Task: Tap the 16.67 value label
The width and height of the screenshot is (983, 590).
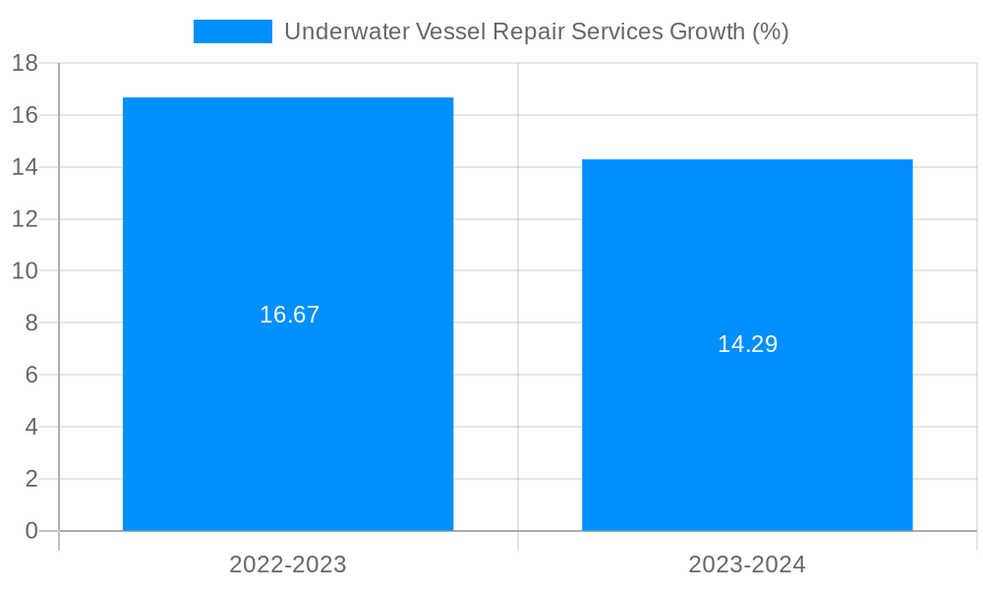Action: coord(290,315)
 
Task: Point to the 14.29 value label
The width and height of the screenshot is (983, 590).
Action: coord(747,344)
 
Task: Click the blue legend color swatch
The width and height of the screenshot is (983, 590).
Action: coord(233,31)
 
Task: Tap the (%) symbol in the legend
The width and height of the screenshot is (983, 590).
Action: coord(770,31)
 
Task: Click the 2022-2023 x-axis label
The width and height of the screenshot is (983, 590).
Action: coord(288,564)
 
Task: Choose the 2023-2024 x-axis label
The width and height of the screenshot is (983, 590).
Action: coord(747,564)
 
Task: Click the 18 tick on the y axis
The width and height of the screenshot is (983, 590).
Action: coord(25,63)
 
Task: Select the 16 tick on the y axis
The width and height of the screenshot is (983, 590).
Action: coord(25,115)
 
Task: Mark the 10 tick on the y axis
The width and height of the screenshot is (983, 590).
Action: coord(25,270)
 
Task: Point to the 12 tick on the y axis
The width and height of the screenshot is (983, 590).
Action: coord(25,219)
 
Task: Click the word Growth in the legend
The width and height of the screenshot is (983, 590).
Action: coord(707,31)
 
